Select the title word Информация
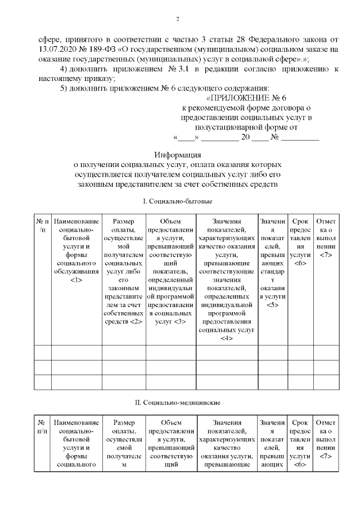pos(177,156)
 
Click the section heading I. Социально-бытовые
pos(177,201)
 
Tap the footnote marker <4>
pos(227,337)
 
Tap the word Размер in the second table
pos(124,422)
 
